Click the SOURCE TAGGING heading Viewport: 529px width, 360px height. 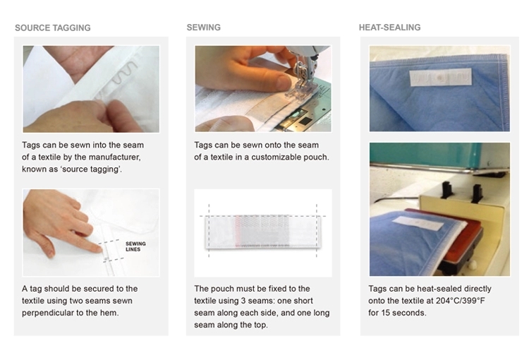(53, 28)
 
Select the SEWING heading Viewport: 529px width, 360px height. (203, 28)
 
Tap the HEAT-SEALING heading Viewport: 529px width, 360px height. (389, 28)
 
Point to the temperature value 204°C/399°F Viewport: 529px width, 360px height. (460, 301)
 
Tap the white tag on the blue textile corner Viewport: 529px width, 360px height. (440, 78)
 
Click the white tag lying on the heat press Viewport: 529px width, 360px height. (418, 222)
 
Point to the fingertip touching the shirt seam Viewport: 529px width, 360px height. (99, 249)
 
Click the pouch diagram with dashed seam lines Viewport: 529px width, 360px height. (263, 232)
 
